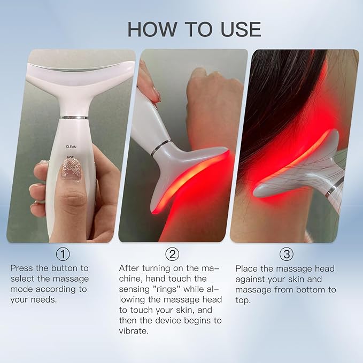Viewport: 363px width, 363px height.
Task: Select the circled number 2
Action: (x=173, y=253)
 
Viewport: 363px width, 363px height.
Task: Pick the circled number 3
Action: (x=287, y=253)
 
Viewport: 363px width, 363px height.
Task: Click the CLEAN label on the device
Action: (x=72, y=145)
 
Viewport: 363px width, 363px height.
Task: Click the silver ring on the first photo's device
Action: (x=74, y=117)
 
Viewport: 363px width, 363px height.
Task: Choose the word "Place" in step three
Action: (x=246, y=268)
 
